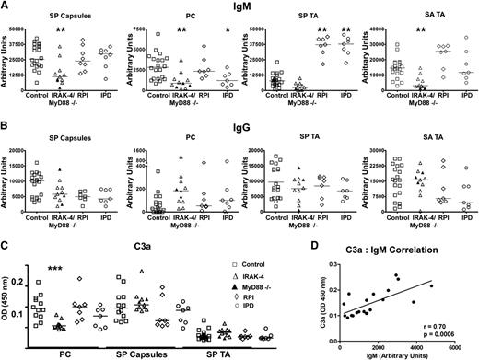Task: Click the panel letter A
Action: [x=6, y=7]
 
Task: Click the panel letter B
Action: [x=6, y=129]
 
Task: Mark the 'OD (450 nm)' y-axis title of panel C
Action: [x=10, y=296]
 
